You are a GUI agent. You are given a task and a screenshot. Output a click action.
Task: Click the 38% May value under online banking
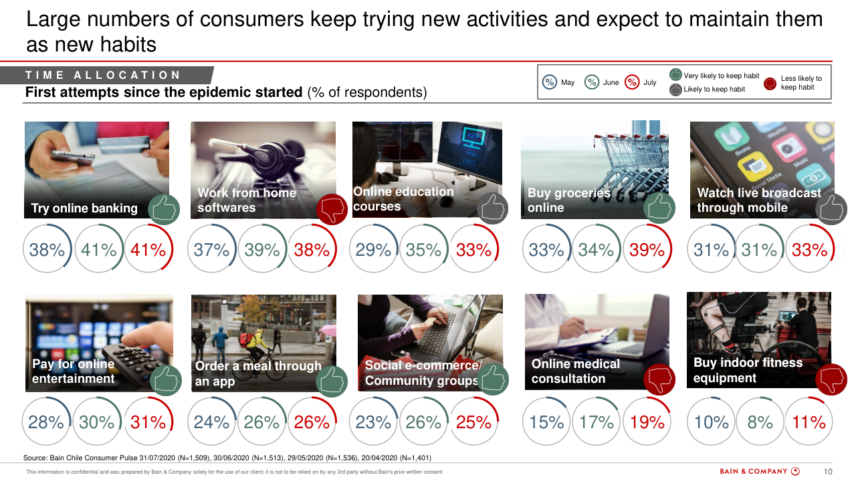tap(47, 250)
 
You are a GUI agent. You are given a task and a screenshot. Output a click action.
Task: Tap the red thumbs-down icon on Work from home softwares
tap(331, 209)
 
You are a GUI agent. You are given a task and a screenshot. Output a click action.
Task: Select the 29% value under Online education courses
tap(373, 250)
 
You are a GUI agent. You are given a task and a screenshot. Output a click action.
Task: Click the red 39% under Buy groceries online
tap(647, 250)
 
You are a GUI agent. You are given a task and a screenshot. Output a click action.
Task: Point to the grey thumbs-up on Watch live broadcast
tap(831, 209)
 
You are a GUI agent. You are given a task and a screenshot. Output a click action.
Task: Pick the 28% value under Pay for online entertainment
tap(46, 422)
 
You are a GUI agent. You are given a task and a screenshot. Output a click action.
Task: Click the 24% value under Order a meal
tap(211, 422)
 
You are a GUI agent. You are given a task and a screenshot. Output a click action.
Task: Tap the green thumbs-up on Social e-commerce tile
tap(493, 380)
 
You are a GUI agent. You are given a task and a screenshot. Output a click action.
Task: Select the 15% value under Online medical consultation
tap(546, 422)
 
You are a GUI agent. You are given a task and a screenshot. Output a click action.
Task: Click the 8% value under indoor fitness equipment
tap(760, 422)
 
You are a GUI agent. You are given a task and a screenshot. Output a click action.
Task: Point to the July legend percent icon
tap(632, 82)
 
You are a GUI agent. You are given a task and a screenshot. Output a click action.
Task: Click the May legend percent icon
tap(550, 82)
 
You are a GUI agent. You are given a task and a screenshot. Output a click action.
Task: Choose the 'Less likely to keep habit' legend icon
tap(770, 84)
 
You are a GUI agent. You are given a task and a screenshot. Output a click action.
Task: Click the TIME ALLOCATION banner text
tap(103, 75)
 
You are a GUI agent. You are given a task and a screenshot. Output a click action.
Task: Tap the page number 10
tap(828, 472)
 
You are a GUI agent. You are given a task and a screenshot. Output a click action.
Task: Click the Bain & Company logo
tap(760, 472)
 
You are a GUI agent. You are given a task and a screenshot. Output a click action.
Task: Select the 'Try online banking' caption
tap(84, 208)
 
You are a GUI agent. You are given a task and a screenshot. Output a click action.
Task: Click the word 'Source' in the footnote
tap(35, 458)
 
